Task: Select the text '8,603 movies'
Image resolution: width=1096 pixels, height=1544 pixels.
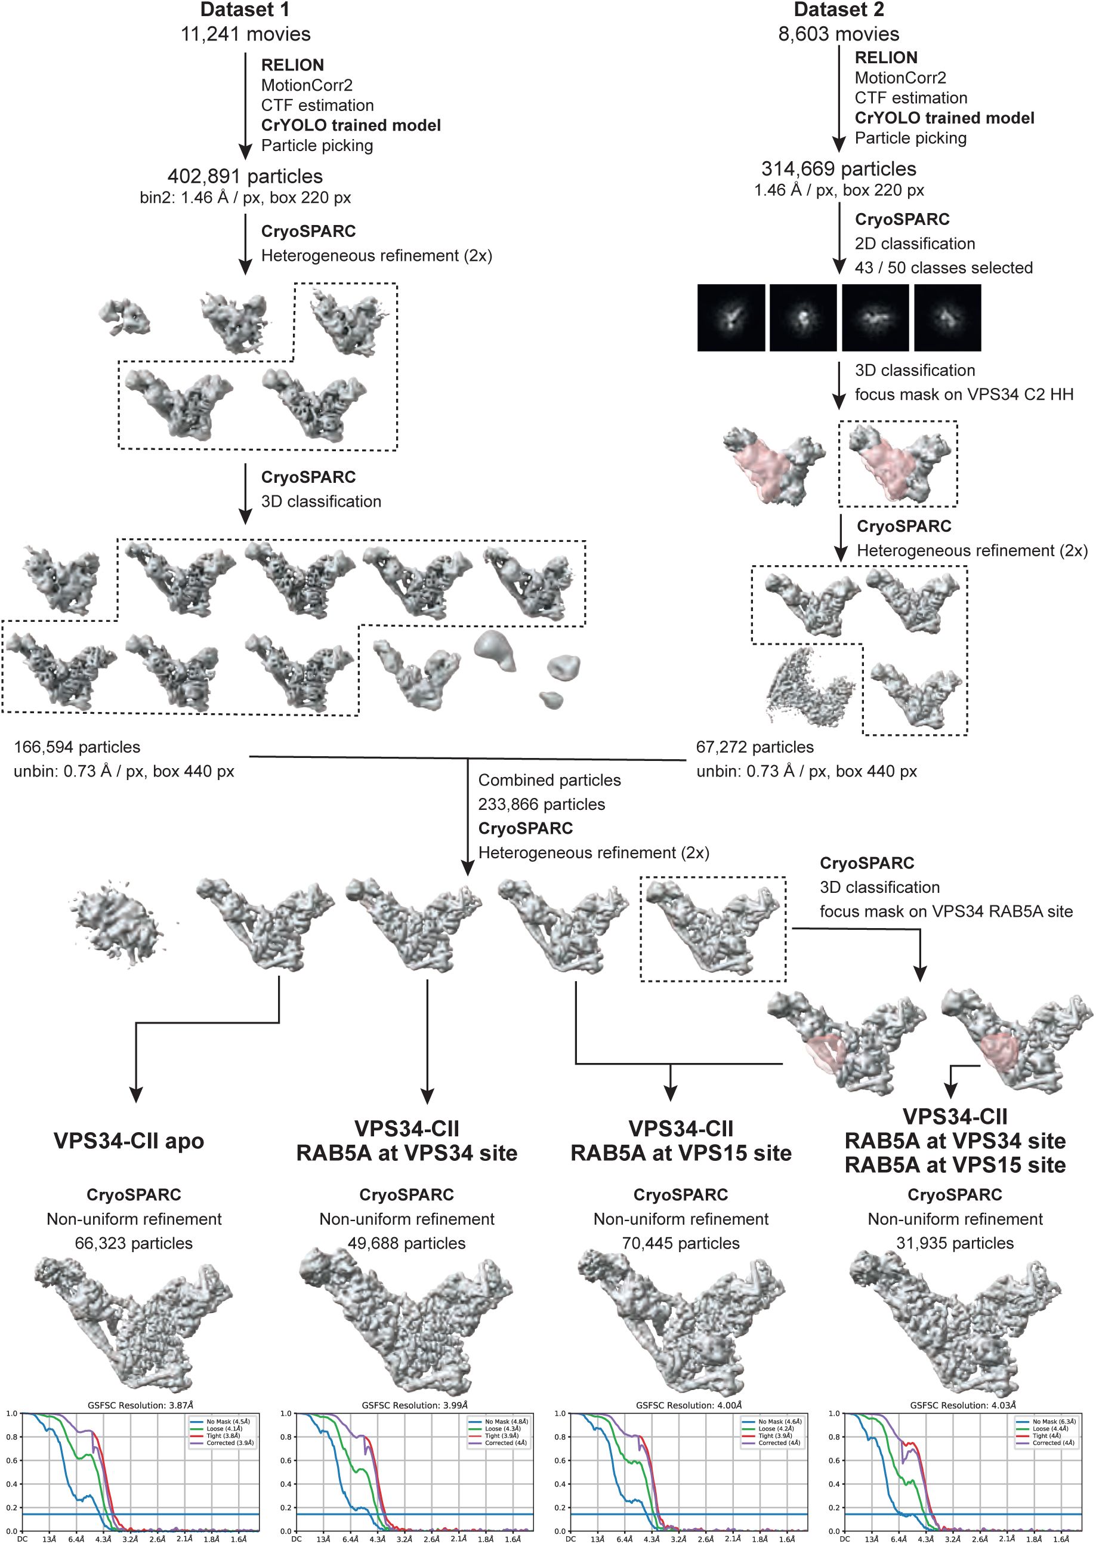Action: tap(838, 34)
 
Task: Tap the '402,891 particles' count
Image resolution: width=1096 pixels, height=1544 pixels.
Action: tap(245, 176)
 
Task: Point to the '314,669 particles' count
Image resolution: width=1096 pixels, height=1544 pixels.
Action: tap(838, 169)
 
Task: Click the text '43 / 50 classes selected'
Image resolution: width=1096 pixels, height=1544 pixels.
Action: tap(943, 267)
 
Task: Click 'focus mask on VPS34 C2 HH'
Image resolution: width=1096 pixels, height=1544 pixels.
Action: tap(964, 395)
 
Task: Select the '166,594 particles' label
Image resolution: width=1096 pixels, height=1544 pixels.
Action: tap(77, 747)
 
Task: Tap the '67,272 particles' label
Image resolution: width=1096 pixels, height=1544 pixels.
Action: tap(755, 747)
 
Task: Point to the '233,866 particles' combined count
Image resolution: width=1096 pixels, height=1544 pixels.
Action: tap(541, 804)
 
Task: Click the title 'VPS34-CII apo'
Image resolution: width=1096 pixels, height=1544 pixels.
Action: tap(128, 1141)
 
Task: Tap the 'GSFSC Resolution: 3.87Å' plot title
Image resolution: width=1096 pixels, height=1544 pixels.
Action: tap(140, 1405)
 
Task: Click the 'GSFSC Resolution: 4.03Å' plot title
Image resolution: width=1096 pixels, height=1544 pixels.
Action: tap(962, 1405)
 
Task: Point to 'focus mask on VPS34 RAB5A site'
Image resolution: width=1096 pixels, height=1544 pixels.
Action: tap(946, 911)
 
